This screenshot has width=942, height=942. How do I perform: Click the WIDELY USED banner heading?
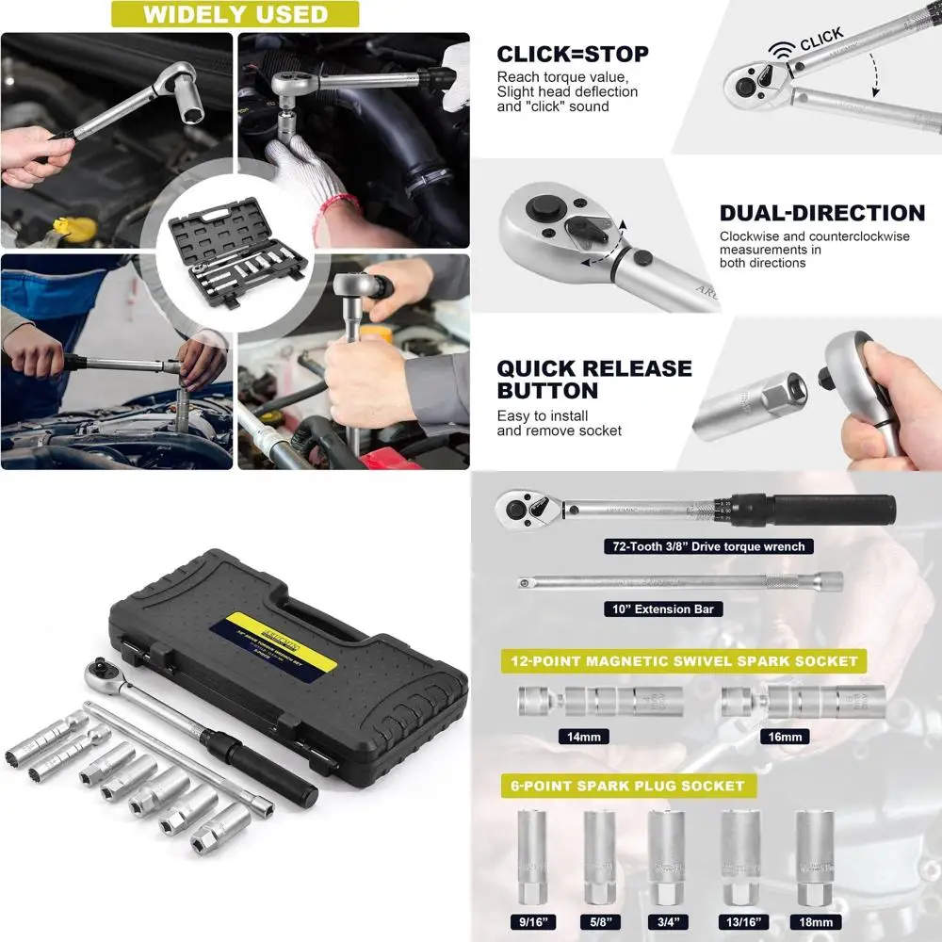coord(235,15)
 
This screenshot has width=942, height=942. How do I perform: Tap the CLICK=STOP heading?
coord(573,54)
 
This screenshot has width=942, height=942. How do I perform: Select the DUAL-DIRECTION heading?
coord(822,214)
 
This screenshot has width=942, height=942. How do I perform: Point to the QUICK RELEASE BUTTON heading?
coord(594,379)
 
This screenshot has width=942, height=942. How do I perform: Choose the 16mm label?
coord(784,737)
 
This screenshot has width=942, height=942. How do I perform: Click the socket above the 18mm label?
coord(817,853)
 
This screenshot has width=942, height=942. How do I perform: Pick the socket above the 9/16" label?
coord(534,853)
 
